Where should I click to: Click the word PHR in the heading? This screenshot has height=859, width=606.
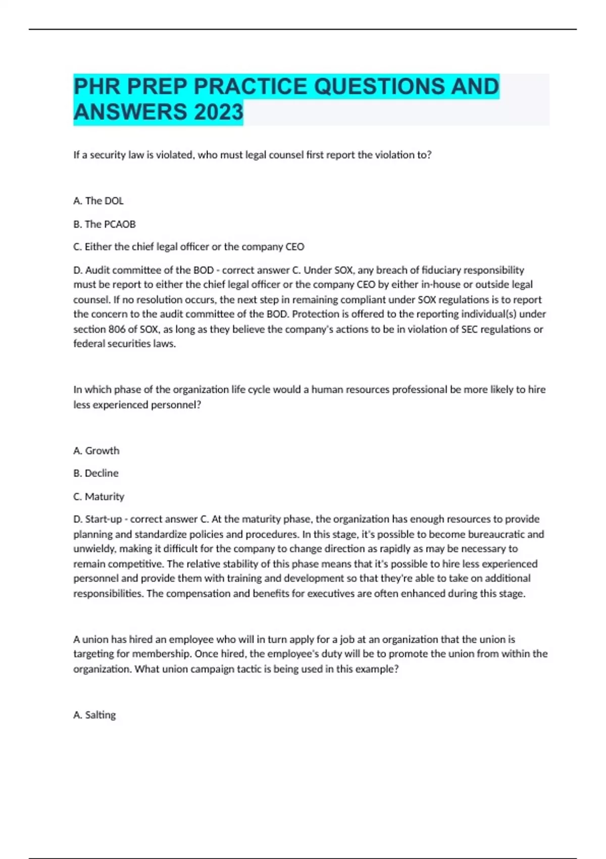(97, 87)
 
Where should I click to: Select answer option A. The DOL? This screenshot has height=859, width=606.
(98, 201)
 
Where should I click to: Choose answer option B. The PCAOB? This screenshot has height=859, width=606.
(105, 224)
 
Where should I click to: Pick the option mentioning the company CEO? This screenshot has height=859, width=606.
(189, 247)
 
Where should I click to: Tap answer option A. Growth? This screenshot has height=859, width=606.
(96, 451)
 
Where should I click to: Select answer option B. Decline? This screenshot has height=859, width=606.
(96, 473)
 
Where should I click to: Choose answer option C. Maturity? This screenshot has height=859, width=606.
(98, 497)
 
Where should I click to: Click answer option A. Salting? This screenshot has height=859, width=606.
(94, 715)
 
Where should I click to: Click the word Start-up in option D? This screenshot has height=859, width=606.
(104, 519)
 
